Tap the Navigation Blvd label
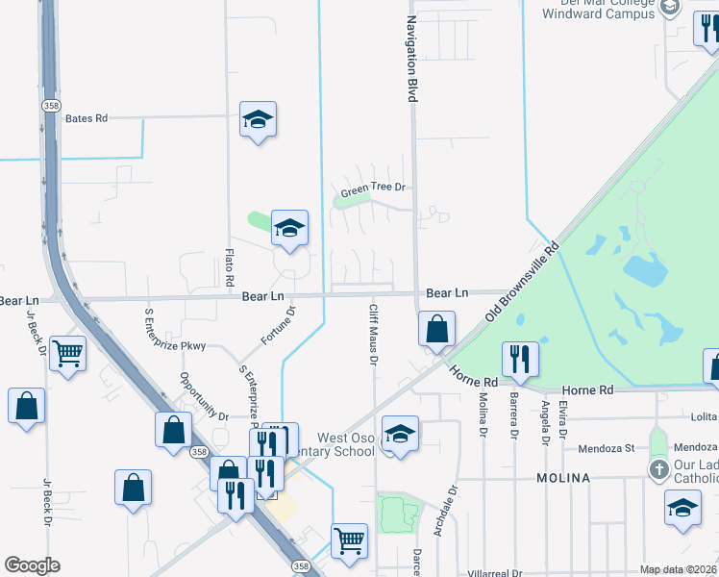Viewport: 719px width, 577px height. point(411,60)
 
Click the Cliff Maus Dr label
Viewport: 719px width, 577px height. point(373,335)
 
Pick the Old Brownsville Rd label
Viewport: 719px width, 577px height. point(521,281)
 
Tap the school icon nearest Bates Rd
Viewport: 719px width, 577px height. point(258,119)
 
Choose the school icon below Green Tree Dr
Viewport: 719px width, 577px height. point(289,228)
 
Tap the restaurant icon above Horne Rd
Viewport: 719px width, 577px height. point(520,359)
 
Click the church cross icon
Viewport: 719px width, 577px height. point(658,470)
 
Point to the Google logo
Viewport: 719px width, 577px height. point(32,565)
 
